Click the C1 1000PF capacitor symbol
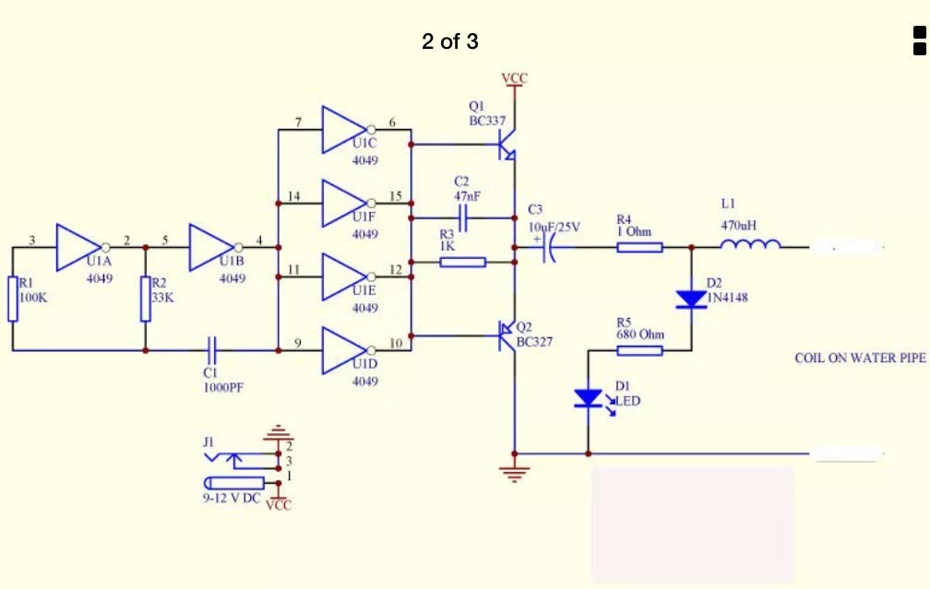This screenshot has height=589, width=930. pyautogui.click(x=212, y=350)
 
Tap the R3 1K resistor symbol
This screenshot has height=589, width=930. pyautogui.click(x=462, y=263)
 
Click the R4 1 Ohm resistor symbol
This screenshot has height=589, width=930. pyautogui.click(x=639, y=246)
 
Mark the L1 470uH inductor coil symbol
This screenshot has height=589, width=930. pyautogui.click(x=750, y=245)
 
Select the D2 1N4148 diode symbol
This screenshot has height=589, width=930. pyautogui.click(x=691, y=299)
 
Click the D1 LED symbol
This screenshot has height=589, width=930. pyautogui.click(x=588, y=398)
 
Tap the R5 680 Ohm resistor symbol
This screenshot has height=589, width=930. pyautogui.click(x=639, y=350)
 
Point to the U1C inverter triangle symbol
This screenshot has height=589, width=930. pyautogui.click(x=344, y=129)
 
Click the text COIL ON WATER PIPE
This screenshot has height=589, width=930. pyautogui.click(x=859, y=358)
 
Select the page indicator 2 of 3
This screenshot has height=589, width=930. pyautogui.click(x=450, y=41)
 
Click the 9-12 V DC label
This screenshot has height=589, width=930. pyautogui.click(x=232, y=498)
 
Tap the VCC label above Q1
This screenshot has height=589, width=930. pyautogui.click(x=515, y=78)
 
